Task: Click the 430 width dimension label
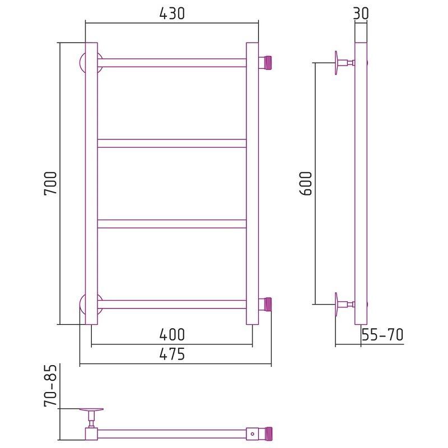point(172,13)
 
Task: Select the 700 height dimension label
point(50,184)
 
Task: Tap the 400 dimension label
point(172,334)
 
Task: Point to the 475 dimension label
point(172,354)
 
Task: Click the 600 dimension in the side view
point(306,184)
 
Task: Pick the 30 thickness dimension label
point(361,13)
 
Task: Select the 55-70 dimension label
point(382,334)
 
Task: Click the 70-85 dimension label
point(50,385)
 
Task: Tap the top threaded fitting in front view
point(265,63)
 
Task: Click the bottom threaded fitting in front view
point(265,305)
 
